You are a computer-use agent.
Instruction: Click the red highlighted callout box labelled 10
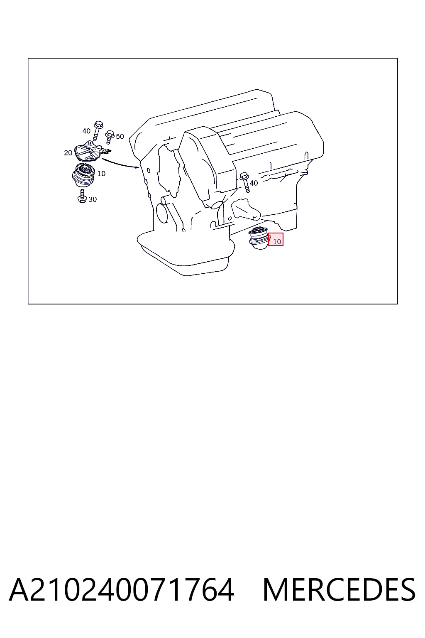pyautogui.click(x=276, y=239)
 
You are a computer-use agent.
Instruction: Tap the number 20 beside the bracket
pyautogui.click(x=68, y=153)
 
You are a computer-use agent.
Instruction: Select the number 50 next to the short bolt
pyautogui.click(x=120, y=136)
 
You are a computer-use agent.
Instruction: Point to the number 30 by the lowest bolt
pyautogui.click(x=93, y=199)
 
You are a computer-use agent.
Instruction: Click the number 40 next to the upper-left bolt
pyautogui.click(x=86, y=131)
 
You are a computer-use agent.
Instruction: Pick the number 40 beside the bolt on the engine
pyautogui.click(x=254, y=183)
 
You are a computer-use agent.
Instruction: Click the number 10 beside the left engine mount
pyautogui.click(x=101, y=174)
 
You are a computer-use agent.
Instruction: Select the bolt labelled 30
pyautogui.click(x=82, y=196)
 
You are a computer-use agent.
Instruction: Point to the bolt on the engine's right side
pyautogui.click(x=245, y=182)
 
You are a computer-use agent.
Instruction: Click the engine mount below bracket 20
pyautogui.click(x=83, y=175)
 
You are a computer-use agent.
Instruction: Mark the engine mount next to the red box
pyautogui.click(x=259, y=238)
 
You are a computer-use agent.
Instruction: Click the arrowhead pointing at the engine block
pyautogui.click(x=137, y=167)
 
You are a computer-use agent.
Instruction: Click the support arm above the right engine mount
pyautogui.click(x=246, y=211)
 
